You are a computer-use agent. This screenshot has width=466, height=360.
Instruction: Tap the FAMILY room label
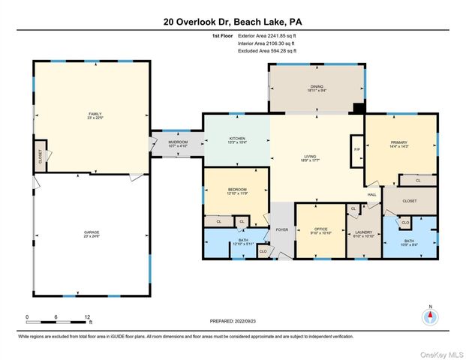point(95,115)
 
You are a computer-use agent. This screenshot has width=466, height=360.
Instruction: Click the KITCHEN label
point(237,139)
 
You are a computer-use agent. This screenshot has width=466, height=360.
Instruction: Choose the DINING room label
point(316,88)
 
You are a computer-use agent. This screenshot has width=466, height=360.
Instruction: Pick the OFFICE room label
point(319,232)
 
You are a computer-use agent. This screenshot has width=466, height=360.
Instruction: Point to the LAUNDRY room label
point(364,233)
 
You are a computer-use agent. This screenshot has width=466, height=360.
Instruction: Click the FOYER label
point(282,229)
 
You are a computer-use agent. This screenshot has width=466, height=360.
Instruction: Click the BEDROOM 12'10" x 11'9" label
point(236,191)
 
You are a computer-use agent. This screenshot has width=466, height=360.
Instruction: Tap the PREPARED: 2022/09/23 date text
point(233,321)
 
